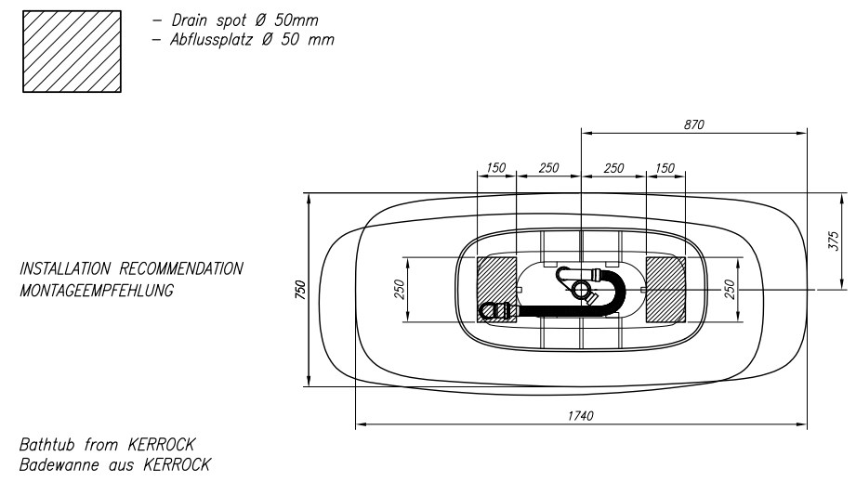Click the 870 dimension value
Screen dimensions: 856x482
tap(694, 124)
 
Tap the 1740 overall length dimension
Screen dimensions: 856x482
tap(580, 416)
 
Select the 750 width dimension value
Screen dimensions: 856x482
tap(300, 289)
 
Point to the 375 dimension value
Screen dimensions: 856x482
tap(833, 241)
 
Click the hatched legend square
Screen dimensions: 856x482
tap(72, 51)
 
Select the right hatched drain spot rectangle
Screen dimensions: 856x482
tap(665, 290)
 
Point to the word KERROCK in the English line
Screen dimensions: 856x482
tap(161, 445)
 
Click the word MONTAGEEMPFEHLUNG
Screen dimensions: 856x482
tap(97, 291)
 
